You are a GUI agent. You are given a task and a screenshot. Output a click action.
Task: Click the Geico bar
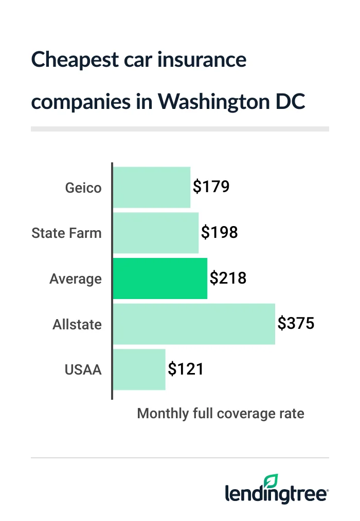151,187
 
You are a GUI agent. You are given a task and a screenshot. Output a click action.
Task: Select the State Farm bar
155,233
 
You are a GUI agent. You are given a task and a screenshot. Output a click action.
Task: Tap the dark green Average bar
159,278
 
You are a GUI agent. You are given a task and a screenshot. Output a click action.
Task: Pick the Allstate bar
193,324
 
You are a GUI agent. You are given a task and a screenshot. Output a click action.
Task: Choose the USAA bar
139,369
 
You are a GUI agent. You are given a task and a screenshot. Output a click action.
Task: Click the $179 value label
211,187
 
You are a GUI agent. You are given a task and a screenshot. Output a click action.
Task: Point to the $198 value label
220,233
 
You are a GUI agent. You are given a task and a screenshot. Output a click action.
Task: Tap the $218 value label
228,278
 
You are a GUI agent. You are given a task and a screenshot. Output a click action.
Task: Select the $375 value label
296,324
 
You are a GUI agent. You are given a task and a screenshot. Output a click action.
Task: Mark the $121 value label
186,369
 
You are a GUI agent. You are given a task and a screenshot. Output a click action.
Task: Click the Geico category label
83,188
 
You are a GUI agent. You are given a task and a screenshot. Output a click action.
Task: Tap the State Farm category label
67,233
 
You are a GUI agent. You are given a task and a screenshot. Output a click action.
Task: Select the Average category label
76,279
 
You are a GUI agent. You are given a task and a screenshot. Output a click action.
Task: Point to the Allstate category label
77,325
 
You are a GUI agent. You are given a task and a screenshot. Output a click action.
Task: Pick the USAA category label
83,370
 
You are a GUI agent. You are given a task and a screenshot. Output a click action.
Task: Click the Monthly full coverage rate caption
221,414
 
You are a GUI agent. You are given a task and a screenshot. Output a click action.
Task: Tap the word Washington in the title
218,101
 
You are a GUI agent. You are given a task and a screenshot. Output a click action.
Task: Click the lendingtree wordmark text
276,495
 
